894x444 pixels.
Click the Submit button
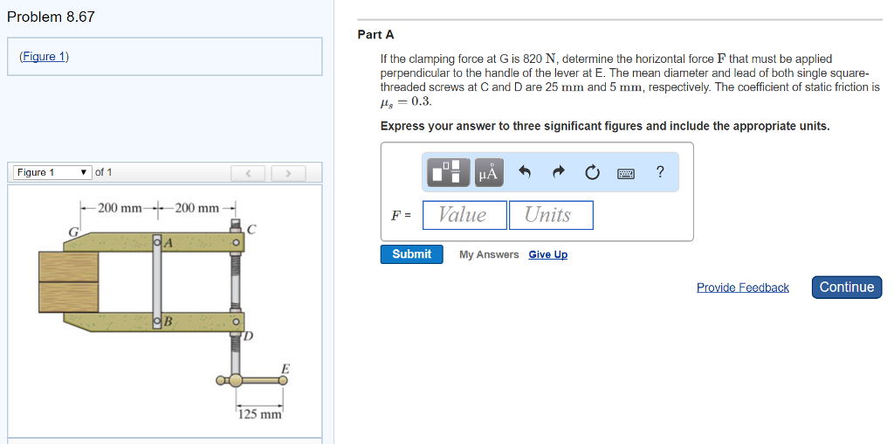(411, 254)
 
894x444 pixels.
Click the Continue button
(846, 288)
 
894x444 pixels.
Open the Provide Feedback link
(742, 288)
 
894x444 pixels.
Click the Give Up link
(547, 254)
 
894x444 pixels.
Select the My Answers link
(489, 254)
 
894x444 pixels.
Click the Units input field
(551, 215)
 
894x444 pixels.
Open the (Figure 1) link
(44, 57)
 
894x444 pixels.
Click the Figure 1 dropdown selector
(52, 172)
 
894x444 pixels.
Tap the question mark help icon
(660, 172)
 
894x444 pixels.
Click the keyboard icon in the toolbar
(626, 173)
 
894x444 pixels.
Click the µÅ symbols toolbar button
(488, 173)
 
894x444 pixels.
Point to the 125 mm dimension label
(259, 413)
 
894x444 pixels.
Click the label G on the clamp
(74, 232)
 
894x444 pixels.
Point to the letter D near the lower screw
(248, 336)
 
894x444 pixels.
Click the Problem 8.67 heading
(51, 17)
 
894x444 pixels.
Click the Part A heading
(375, 35)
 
